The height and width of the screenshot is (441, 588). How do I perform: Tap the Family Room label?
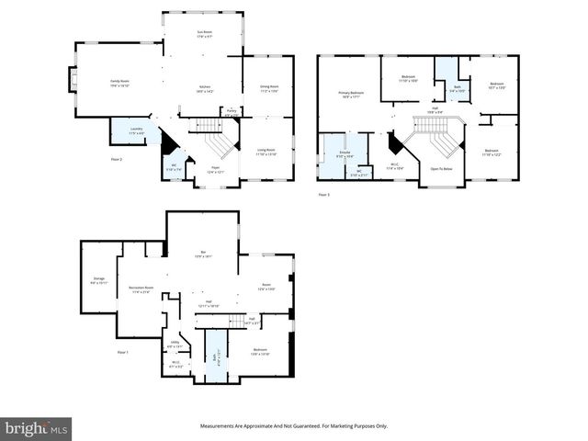click(x=119, y=83)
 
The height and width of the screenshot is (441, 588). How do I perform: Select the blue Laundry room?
click(x=135, y=131)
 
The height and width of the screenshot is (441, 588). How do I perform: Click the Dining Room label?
click(x=269, y=89)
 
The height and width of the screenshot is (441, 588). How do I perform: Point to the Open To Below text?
click(x=442, y=169)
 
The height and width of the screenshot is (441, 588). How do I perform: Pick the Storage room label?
click(x=99, y=280)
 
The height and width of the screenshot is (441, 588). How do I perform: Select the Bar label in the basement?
click(x=203, y=254)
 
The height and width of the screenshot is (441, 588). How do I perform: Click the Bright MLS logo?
click(x=37, y=428)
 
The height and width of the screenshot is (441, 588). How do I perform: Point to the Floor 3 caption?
click(x=323, y=195)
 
